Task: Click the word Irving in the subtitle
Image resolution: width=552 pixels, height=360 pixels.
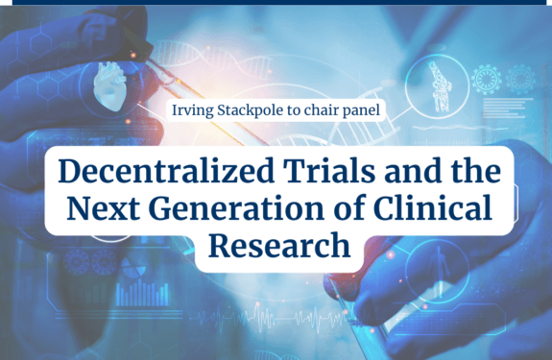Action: pyautogui.click(x=192, y=110)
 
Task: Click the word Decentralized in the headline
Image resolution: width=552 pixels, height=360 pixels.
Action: pyautogui.click(x=166, y=171)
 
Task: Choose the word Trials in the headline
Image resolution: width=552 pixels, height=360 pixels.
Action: pyautogui.click(x=329, y=171)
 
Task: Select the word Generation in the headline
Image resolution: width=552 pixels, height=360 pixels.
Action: pyautogui.click(x=236, y=208)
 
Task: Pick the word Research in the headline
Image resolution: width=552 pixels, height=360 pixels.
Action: pyautogui.click(x=279, y=245)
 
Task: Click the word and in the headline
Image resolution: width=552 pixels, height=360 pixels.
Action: pyautogui.click(x=413, y=171)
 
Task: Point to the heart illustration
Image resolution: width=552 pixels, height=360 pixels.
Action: pyautogui.click(x=109, y=85)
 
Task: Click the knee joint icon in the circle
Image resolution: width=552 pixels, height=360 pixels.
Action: pyautogui.click(x=439, y=86)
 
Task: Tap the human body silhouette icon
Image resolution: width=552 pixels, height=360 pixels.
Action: pyautogui.click(x=439, y=271)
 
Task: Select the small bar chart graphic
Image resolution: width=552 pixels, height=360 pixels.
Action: pyautogui.click(x=142, y=293)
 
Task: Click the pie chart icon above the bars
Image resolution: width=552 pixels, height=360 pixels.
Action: pyautogui.click(x=133, y=267)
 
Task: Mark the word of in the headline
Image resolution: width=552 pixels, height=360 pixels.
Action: pyautogui.click(x=348, y=207)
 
